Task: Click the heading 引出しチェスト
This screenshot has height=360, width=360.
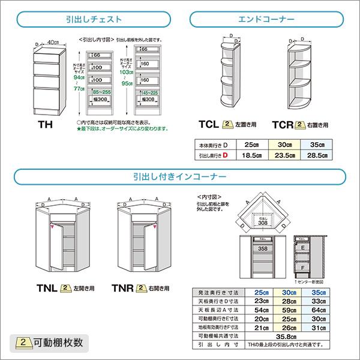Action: pos(95,20)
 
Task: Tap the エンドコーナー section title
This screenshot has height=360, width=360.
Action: pos(268,20)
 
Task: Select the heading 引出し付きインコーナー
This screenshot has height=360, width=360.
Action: pos(180,177)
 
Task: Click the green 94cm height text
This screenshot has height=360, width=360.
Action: pos(77,77)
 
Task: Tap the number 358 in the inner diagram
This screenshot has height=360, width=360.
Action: pos(262,247)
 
